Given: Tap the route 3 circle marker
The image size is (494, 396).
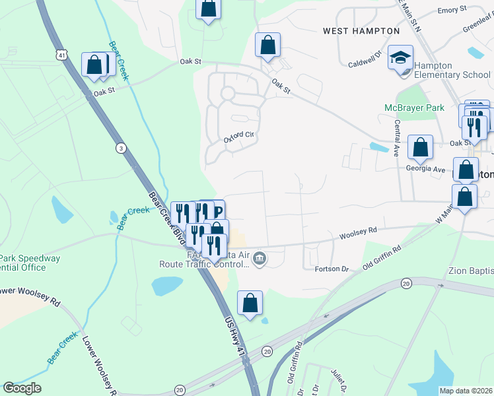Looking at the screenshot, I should click(x=120, y=148).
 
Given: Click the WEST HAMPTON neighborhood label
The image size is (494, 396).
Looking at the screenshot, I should click(x=361, y=31).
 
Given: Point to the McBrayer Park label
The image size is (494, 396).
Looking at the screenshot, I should click(x=411, y=108).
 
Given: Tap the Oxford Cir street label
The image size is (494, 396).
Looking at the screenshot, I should click(x=238, y=137).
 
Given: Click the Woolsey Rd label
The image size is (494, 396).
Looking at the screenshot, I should click(x=358, y=234).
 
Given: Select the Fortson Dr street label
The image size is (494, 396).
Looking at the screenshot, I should click(x=331, y=269).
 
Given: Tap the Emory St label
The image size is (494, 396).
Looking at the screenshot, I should click(x=452, y=11).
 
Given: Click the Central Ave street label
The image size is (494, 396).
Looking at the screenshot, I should click(x=397, y=137).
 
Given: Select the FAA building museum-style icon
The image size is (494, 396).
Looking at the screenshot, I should click(x=260, y=258).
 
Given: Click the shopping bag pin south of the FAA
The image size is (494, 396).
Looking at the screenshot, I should click(x=250, y=303).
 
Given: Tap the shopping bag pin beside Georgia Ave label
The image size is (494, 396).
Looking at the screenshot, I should click(x=420, y=147).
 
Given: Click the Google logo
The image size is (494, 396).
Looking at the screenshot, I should click(x=22, y=388).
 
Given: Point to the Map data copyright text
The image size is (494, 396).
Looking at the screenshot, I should click(x=466, y=391).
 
